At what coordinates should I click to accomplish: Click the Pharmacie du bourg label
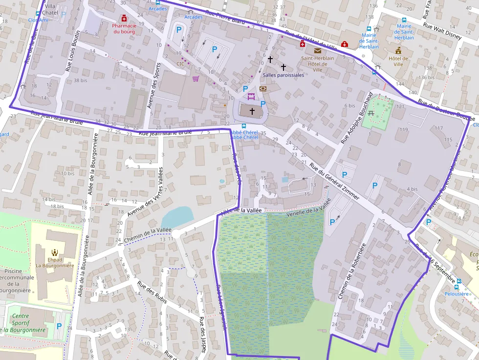click(x=123, y=28)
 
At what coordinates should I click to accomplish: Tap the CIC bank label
click(x=180, y=64)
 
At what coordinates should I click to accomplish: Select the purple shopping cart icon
click(x=196, y=78)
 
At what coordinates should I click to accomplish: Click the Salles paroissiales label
click(x=283, y=75)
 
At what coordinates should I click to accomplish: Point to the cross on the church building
click(x=252, y=111)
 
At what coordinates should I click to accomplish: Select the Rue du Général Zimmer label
click(x=334, y=181)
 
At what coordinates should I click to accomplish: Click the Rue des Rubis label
click(x=152, y=293)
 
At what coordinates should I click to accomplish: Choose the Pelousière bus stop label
click(x=457, y=294)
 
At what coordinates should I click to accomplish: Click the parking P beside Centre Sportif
click(x=59, y=326)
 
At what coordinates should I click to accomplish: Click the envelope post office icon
click(x=318, y=50)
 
